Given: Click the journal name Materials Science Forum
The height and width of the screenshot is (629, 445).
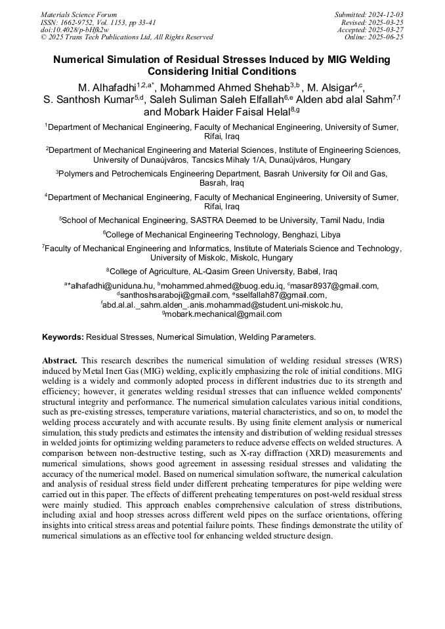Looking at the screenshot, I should click(79, 14).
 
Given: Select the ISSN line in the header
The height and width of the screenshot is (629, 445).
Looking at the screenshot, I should click(98, 22).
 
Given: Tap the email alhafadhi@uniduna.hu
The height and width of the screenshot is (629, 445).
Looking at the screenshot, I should click(112, 286).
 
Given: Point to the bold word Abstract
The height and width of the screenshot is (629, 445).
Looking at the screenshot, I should click(60, 361).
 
